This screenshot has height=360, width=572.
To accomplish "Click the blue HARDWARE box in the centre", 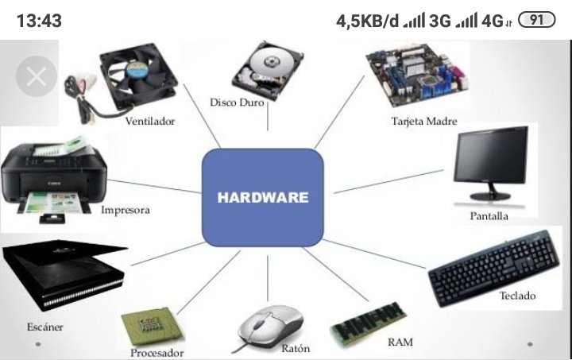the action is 263,197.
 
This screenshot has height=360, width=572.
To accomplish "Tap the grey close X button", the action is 37,76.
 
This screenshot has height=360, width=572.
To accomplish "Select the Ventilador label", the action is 150,121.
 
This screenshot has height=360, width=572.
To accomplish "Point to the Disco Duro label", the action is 237,103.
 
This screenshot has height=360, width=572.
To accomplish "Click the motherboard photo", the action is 416,75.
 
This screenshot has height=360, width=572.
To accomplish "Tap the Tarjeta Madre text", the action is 424,121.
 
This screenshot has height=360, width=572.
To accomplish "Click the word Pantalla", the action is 489,216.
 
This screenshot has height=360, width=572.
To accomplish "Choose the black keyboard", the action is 494,268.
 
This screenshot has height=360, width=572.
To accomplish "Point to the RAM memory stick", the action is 369,323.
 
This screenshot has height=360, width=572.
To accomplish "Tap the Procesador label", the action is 157,353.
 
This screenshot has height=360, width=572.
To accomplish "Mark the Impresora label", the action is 126,210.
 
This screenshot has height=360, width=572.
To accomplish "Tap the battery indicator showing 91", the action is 536,20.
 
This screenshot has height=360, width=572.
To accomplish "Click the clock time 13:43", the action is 39,21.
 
